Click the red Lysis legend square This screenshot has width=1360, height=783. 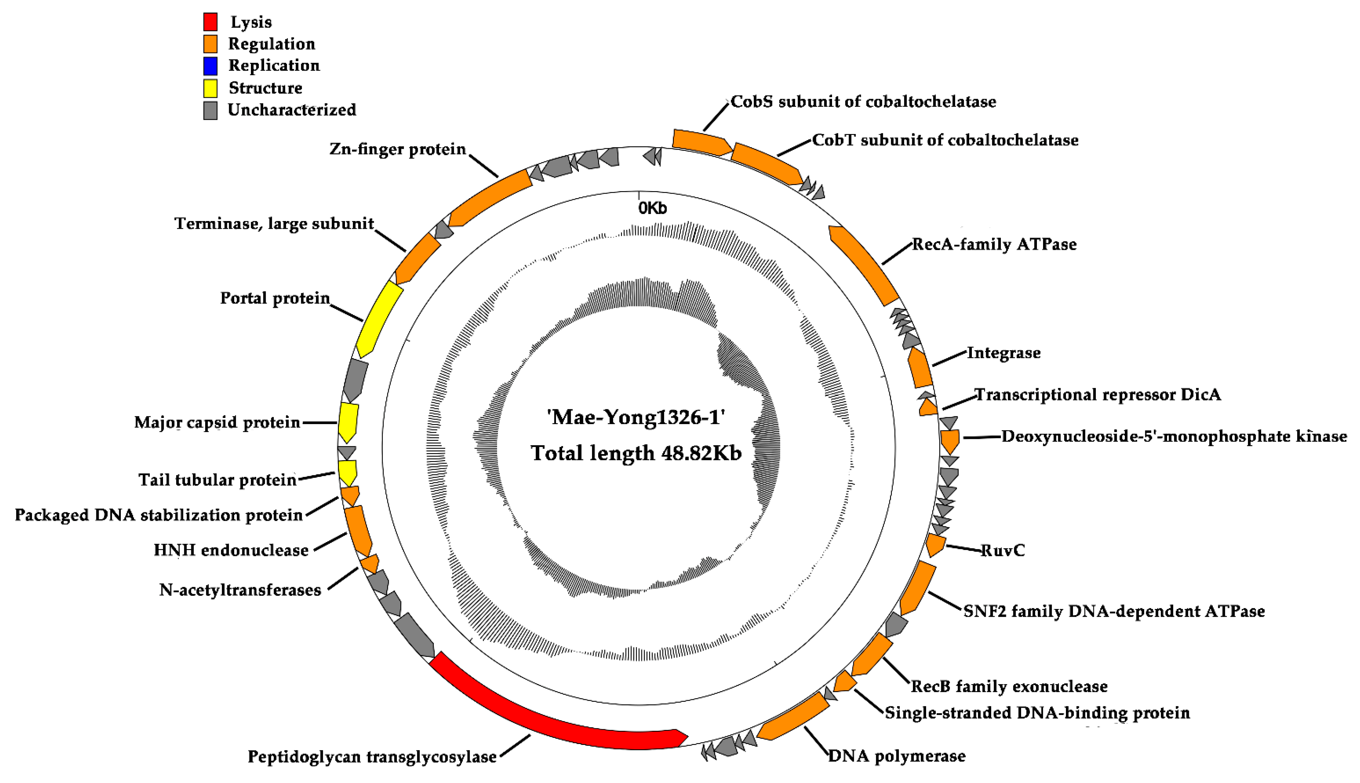[210, 22]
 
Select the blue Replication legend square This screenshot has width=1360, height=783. [210, 66]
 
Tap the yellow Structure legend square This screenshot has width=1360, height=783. [210, 88]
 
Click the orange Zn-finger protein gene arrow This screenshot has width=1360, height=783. [489, 199]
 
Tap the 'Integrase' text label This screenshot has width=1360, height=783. [1004, 353]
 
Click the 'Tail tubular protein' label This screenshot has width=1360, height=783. [217, 480]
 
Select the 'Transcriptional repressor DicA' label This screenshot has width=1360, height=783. [1098, 395]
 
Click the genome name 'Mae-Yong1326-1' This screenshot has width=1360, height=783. [636, 417]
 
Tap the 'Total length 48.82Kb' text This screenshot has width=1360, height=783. [636, 453]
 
